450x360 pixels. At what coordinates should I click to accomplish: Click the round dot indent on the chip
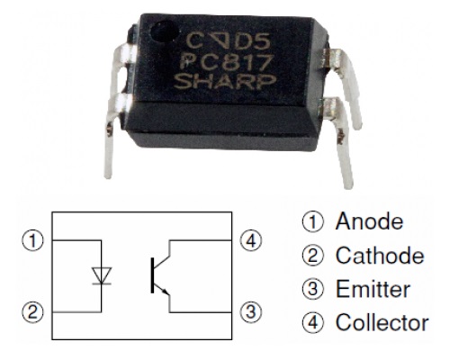coord(165,31)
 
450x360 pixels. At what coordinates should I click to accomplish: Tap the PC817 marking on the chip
coord(227,63)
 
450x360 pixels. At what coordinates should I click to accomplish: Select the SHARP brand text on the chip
coord(225,82)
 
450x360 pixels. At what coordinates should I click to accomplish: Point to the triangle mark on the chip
coord(220,40)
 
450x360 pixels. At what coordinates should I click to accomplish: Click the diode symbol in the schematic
coord(102,275)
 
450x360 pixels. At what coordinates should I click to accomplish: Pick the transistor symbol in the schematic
coord(160,275)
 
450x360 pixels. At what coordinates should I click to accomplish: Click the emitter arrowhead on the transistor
coord(165,291)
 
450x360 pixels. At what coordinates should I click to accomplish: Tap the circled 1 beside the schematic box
coord(32,240)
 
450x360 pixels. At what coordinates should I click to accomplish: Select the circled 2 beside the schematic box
coord(32,312)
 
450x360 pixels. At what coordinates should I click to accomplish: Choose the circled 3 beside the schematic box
coord(251,311)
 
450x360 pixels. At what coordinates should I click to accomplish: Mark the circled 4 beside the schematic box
coord(251,240)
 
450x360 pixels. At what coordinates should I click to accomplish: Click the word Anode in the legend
coord(370,221)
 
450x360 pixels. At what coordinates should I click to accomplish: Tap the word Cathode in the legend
coord(380,256)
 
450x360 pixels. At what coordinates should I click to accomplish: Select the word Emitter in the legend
coord(373,289)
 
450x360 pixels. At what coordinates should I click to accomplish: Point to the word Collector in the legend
coord(382,322)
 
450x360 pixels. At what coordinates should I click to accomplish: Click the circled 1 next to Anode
coord(313,222)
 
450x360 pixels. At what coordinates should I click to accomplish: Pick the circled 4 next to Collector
coord(313,323)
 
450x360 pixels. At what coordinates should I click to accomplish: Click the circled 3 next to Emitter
coord(313,289)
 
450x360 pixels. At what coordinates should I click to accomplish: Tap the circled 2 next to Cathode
coord(313,256)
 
